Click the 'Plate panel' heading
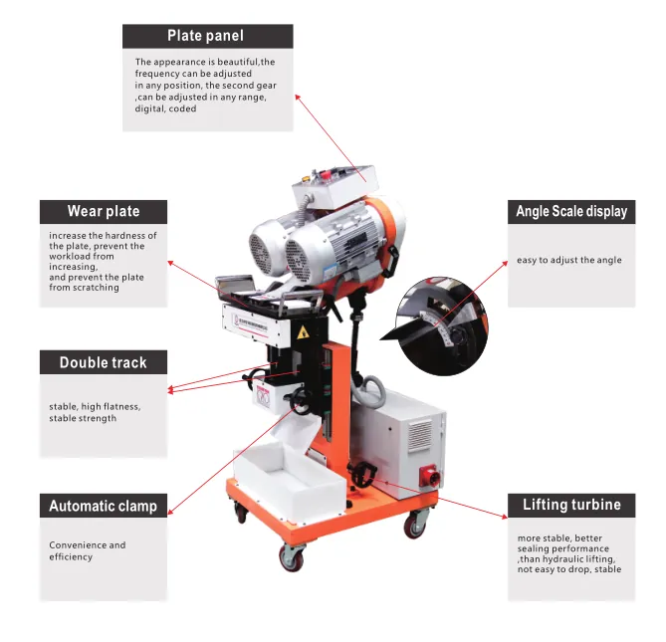(206, 36)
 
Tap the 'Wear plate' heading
(104, 211)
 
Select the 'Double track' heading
(104, 362)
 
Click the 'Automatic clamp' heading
(104, 506)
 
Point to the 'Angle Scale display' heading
(571, 211)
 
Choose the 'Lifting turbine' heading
(571, 505)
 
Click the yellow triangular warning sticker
(303, 332)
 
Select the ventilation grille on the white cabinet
(420, 436)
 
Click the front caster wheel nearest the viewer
(292, 559)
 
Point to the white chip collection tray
(290, 473)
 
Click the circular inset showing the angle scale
(442, 326)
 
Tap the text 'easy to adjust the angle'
(569, 260)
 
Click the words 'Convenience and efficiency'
(88, 550)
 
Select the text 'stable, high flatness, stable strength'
(95, 412)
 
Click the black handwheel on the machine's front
(301, 401)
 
